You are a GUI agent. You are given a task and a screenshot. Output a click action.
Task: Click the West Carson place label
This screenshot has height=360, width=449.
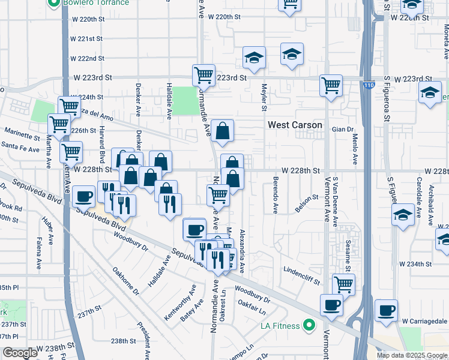295,125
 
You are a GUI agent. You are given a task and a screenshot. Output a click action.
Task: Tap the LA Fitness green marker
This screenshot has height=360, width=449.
309,326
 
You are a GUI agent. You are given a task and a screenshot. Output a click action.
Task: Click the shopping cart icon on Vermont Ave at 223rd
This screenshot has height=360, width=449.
331,85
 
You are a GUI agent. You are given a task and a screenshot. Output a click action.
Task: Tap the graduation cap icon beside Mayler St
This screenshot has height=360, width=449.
254,58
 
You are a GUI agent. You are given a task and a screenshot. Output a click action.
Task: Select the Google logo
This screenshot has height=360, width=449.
20,353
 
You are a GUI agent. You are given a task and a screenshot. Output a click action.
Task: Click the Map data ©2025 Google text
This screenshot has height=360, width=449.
412,355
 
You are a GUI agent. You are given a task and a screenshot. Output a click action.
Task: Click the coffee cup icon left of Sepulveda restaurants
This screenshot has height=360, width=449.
85,195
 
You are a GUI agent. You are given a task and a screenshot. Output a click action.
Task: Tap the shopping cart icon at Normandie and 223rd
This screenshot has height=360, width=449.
203,75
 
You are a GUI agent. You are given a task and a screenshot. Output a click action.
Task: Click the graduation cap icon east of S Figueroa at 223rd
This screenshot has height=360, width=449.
430,94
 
